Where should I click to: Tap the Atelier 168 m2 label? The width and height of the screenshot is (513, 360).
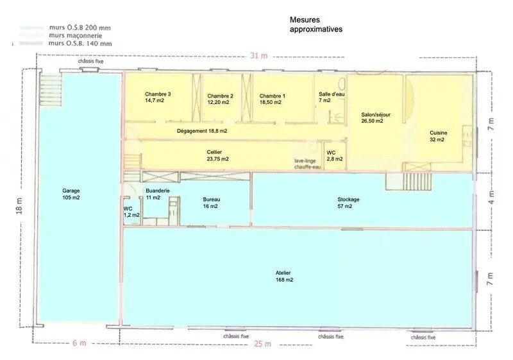283,277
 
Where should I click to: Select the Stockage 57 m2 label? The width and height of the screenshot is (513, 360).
348,203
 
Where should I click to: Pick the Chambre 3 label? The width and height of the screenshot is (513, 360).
157,98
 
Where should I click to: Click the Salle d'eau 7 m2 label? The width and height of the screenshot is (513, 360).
332,97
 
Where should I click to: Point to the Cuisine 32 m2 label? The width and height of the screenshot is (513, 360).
439,136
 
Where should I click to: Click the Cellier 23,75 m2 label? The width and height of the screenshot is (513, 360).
218,155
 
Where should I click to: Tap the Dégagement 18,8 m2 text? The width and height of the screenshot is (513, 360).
202,131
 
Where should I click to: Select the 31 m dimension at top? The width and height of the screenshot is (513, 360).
258,56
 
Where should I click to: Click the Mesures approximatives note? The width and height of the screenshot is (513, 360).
315,25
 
